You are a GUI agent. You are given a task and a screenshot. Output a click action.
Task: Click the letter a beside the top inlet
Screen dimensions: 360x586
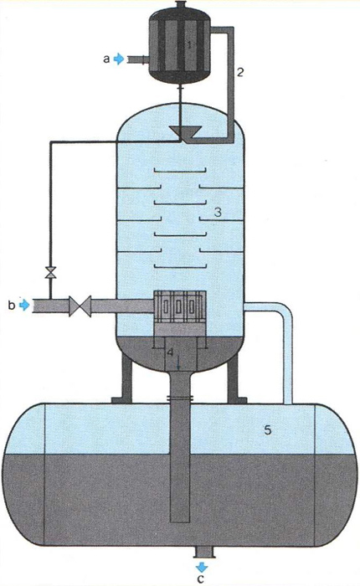106,59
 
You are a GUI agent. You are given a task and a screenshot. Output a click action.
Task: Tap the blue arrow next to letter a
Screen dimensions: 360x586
119,59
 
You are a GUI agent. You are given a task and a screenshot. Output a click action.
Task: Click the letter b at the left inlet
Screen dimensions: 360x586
12,305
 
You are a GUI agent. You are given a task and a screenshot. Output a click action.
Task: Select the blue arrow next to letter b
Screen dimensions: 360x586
24,305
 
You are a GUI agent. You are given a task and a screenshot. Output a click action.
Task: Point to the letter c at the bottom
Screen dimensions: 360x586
201,579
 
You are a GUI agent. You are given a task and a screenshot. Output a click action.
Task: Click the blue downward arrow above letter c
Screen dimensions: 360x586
202,567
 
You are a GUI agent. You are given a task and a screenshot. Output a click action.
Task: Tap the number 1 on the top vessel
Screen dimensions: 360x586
189,45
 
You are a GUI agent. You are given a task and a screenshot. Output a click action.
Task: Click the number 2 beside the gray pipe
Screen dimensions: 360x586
240,72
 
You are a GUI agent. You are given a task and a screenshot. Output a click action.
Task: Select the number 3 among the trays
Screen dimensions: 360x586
218,213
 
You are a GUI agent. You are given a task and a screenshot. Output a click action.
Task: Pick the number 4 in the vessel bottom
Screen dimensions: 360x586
170,352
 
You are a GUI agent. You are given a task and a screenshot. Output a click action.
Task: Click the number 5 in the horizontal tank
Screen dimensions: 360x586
268,430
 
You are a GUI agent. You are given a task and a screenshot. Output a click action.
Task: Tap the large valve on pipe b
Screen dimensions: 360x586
80,306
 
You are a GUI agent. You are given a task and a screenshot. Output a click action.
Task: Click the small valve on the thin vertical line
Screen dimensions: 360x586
50,272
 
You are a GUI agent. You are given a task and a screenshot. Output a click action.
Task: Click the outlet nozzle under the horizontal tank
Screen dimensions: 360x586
203,552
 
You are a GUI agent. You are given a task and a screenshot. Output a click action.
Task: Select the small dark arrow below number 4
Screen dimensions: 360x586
178,362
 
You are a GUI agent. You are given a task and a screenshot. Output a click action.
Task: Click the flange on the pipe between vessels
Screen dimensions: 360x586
180,398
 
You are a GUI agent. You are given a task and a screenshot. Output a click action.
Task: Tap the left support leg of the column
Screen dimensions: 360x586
126,378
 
